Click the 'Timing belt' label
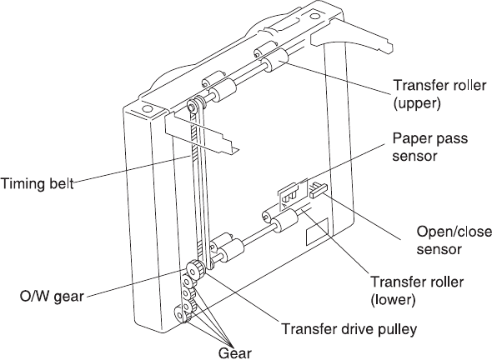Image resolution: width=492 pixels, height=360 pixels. point(38,183)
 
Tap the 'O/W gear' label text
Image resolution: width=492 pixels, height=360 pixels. point(52,296)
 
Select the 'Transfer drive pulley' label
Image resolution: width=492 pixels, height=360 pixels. point(349,329)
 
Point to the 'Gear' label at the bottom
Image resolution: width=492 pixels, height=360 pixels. point(235,353)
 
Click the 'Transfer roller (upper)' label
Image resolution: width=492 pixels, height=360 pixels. point(439,94)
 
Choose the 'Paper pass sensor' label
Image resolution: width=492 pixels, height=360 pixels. point(430,147)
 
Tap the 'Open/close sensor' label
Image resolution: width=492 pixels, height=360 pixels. point(454,241)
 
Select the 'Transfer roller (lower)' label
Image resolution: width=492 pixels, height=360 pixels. point(417,291)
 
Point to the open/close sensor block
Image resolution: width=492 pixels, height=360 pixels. point(319,190)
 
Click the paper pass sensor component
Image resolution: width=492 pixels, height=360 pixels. point(292,194)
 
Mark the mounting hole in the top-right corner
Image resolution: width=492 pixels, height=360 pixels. point(314,16)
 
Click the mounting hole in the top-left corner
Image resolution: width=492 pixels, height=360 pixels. point(146,109)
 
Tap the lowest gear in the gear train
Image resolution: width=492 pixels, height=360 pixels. point(181,314)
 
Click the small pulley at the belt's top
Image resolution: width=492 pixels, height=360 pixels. point(192,105)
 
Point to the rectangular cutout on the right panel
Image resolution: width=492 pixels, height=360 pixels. point(317,232)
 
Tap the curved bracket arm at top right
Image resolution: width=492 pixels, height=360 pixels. point(352,34)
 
